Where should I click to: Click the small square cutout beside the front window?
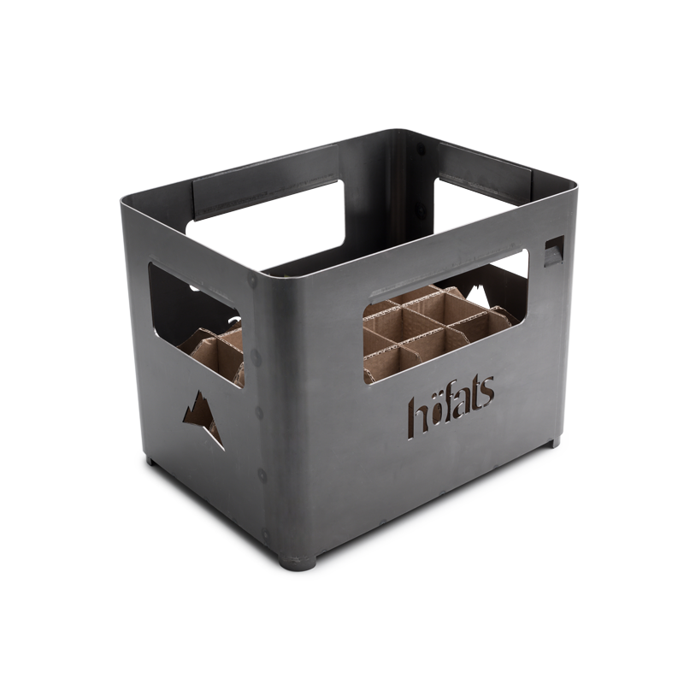(554, 251)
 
